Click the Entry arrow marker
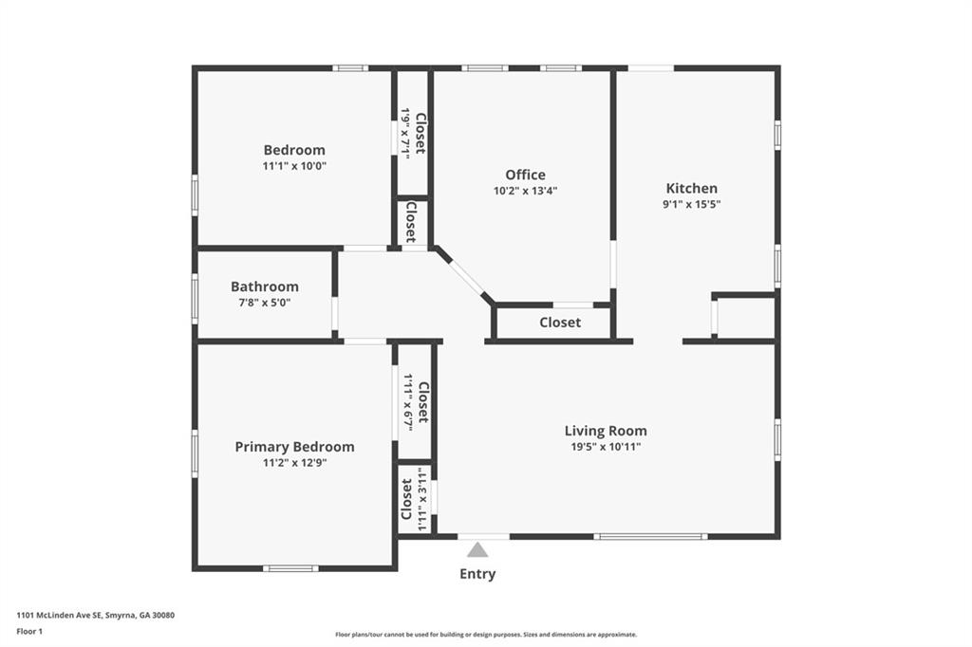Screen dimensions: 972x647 (477, 549)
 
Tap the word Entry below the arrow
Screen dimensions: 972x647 (477, 574)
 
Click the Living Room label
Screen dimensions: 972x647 (606, 431)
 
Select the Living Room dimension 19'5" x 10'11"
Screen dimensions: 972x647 (606, 447)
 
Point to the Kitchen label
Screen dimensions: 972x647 (692, 189)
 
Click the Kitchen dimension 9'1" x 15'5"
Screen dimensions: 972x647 (692, 204)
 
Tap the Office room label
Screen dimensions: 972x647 (525, 175)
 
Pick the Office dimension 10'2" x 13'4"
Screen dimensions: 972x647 (525, 191)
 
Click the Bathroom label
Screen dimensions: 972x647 (265, 287)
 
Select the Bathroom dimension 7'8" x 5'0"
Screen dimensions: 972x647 (265, 303)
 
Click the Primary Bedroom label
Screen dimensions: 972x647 (294, 447)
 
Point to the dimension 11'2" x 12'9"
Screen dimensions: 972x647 (294, 462)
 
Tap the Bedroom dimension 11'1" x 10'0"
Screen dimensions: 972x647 (294, 166)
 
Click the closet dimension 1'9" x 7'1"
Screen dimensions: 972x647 (405, 133)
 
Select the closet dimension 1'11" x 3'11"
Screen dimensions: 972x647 (422, 500)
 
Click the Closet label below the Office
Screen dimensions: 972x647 (560, 323)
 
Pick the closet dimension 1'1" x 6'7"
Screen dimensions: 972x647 (408, 402)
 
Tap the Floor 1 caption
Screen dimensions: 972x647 (29, 632)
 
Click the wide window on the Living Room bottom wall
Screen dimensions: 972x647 (650, 536)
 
